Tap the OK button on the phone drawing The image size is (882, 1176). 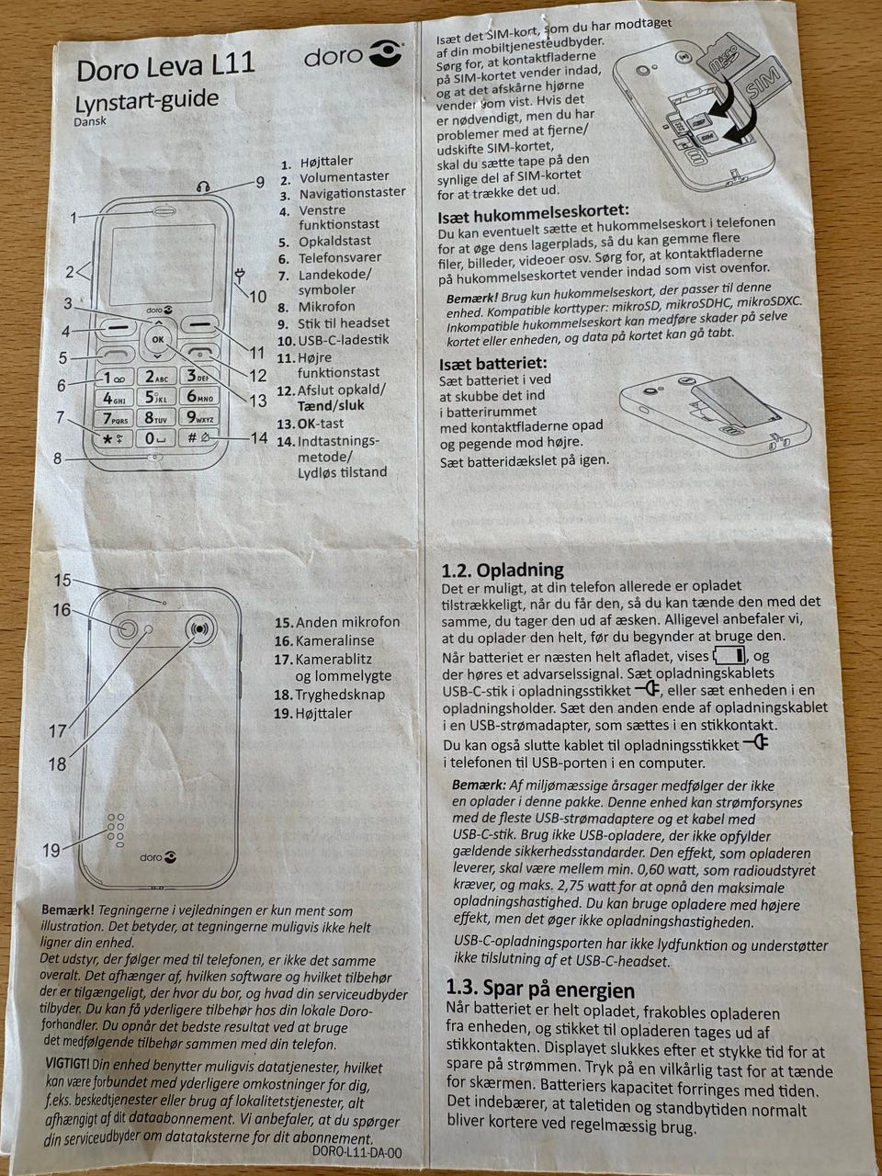click(158, 339)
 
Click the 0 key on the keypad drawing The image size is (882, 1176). click(156, 438)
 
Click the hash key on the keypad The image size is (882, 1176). click(199, 437)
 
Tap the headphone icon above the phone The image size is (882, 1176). click(202, 187)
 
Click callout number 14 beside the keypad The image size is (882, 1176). click(259, 437)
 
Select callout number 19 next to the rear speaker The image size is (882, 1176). click(51, 850)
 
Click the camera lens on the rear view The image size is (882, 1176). click(127, 628)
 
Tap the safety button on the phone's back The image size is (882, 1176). click(199, 628)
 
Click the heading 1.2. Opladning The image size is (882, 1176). click(503, 570)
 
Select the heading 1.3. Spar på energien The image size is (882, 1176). click(540, 989)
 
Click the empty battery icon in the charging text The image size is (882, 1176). click(729, 655)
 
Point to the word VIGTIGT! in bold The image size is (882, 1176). click(67, 1064)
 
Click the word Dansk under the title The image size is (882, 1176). click(90, 121)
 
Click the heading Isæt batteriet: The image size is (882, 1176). click(493, 364)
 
